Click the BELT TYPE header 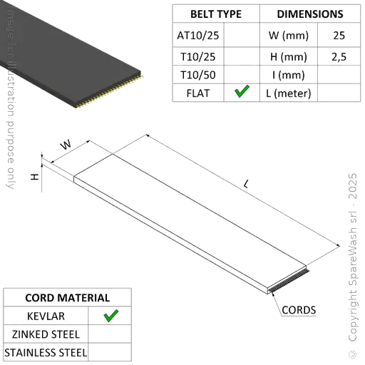216,14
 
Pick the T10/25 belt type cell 199,55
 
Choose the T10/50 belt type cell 199,74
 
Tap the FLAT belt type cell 199,93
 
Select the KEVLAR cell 46,315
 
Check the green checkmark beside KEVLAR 110,315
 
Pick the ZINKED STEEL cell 46,334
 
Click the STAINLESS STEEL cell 46,352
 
